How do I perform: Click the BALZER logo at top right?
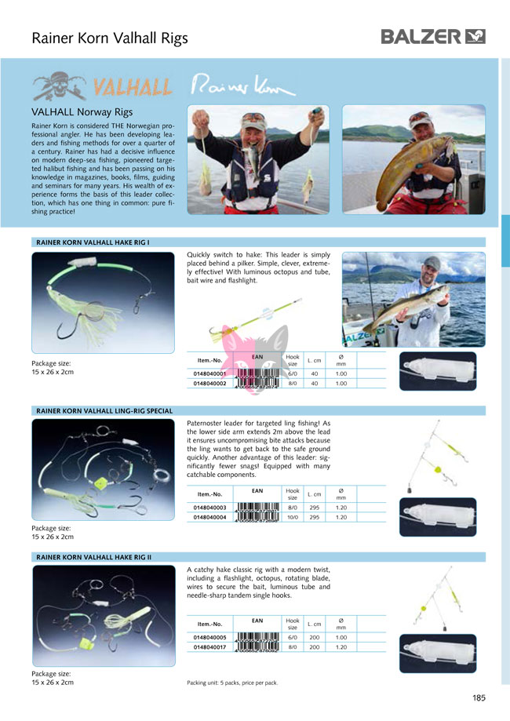click(x=433, y=36)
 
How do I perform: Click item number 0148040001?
click(x=209, y=374)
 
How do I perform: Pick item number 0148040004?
click(x=209, y=517)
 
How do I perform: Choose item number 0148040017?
click(x=209, y=647)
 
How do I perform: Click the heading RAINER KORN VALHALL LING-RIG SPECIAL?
click(x=104, y=410)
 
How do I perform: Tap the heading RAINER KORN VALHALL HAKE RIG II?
click(x=94, y=556)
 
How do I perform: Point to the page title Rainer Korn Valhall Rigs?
click(x=110, y=38)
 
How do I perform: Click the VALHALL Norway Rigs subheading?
click(x=82, y=112)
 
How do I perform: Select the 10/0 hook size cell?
click(x=292, y=517)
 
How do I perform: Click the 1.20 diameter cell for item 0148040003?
click(x=341, y=508)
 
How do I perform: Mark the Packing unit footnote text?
click(x=232, y=683)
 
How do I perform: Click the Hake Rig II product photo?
click(x=103, y=616)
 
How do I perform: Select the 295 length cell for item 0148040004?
click(x=314, y=517)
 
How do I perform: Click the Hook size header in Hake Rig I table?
click(x=292, y=361)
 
